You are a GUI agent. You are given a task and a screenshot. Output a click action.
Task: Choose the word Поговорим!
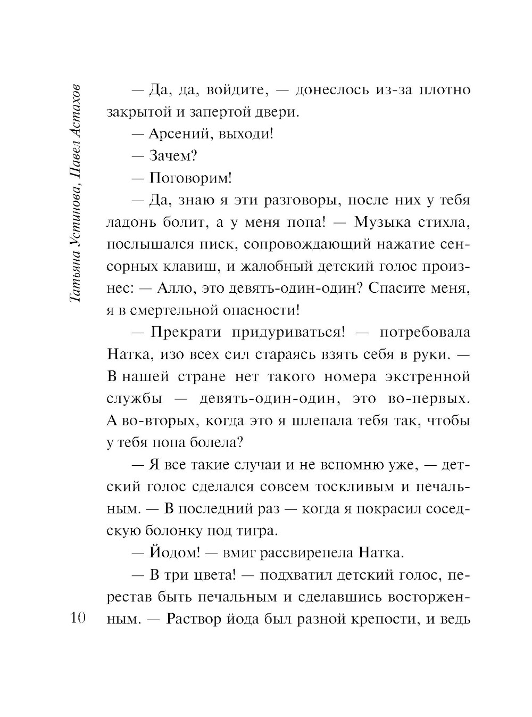190,178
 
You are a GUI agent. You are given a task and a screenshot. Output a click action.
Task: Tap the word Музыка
382,222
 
